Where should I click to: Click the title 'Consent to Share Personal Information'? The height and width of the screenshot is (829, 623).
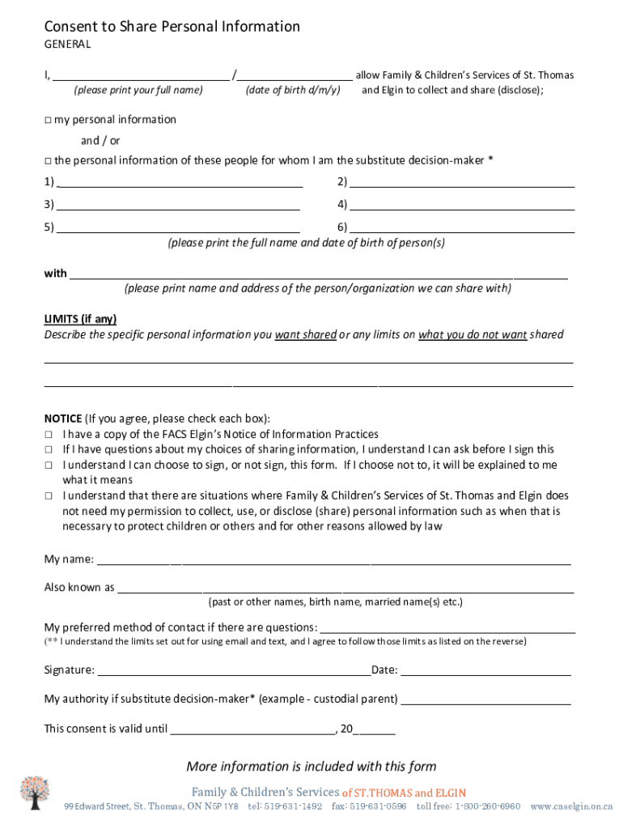172,27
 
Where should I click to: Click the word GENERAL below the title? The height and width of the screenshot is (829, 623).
67,45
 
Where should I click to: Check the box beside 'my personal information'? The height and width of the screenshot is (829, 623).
48,120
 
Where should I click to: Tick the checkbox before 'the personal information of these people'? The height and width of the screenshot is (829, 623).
48,160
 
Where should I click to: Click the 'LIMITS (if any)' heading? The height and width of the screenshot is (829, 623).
85,319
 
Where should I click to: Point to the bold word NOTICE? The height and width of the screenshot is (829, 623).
62,419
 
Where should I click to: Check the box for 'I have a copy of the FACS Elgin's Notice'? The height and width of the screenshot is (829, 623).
48,435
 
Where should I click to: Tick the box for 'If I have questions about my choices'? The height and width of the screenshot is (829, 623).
48,449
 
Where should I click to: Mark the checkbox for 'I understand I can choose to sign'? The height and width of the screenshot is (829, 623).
48,466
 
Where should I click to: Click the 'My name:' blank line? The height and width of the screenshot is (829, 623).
333,561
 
